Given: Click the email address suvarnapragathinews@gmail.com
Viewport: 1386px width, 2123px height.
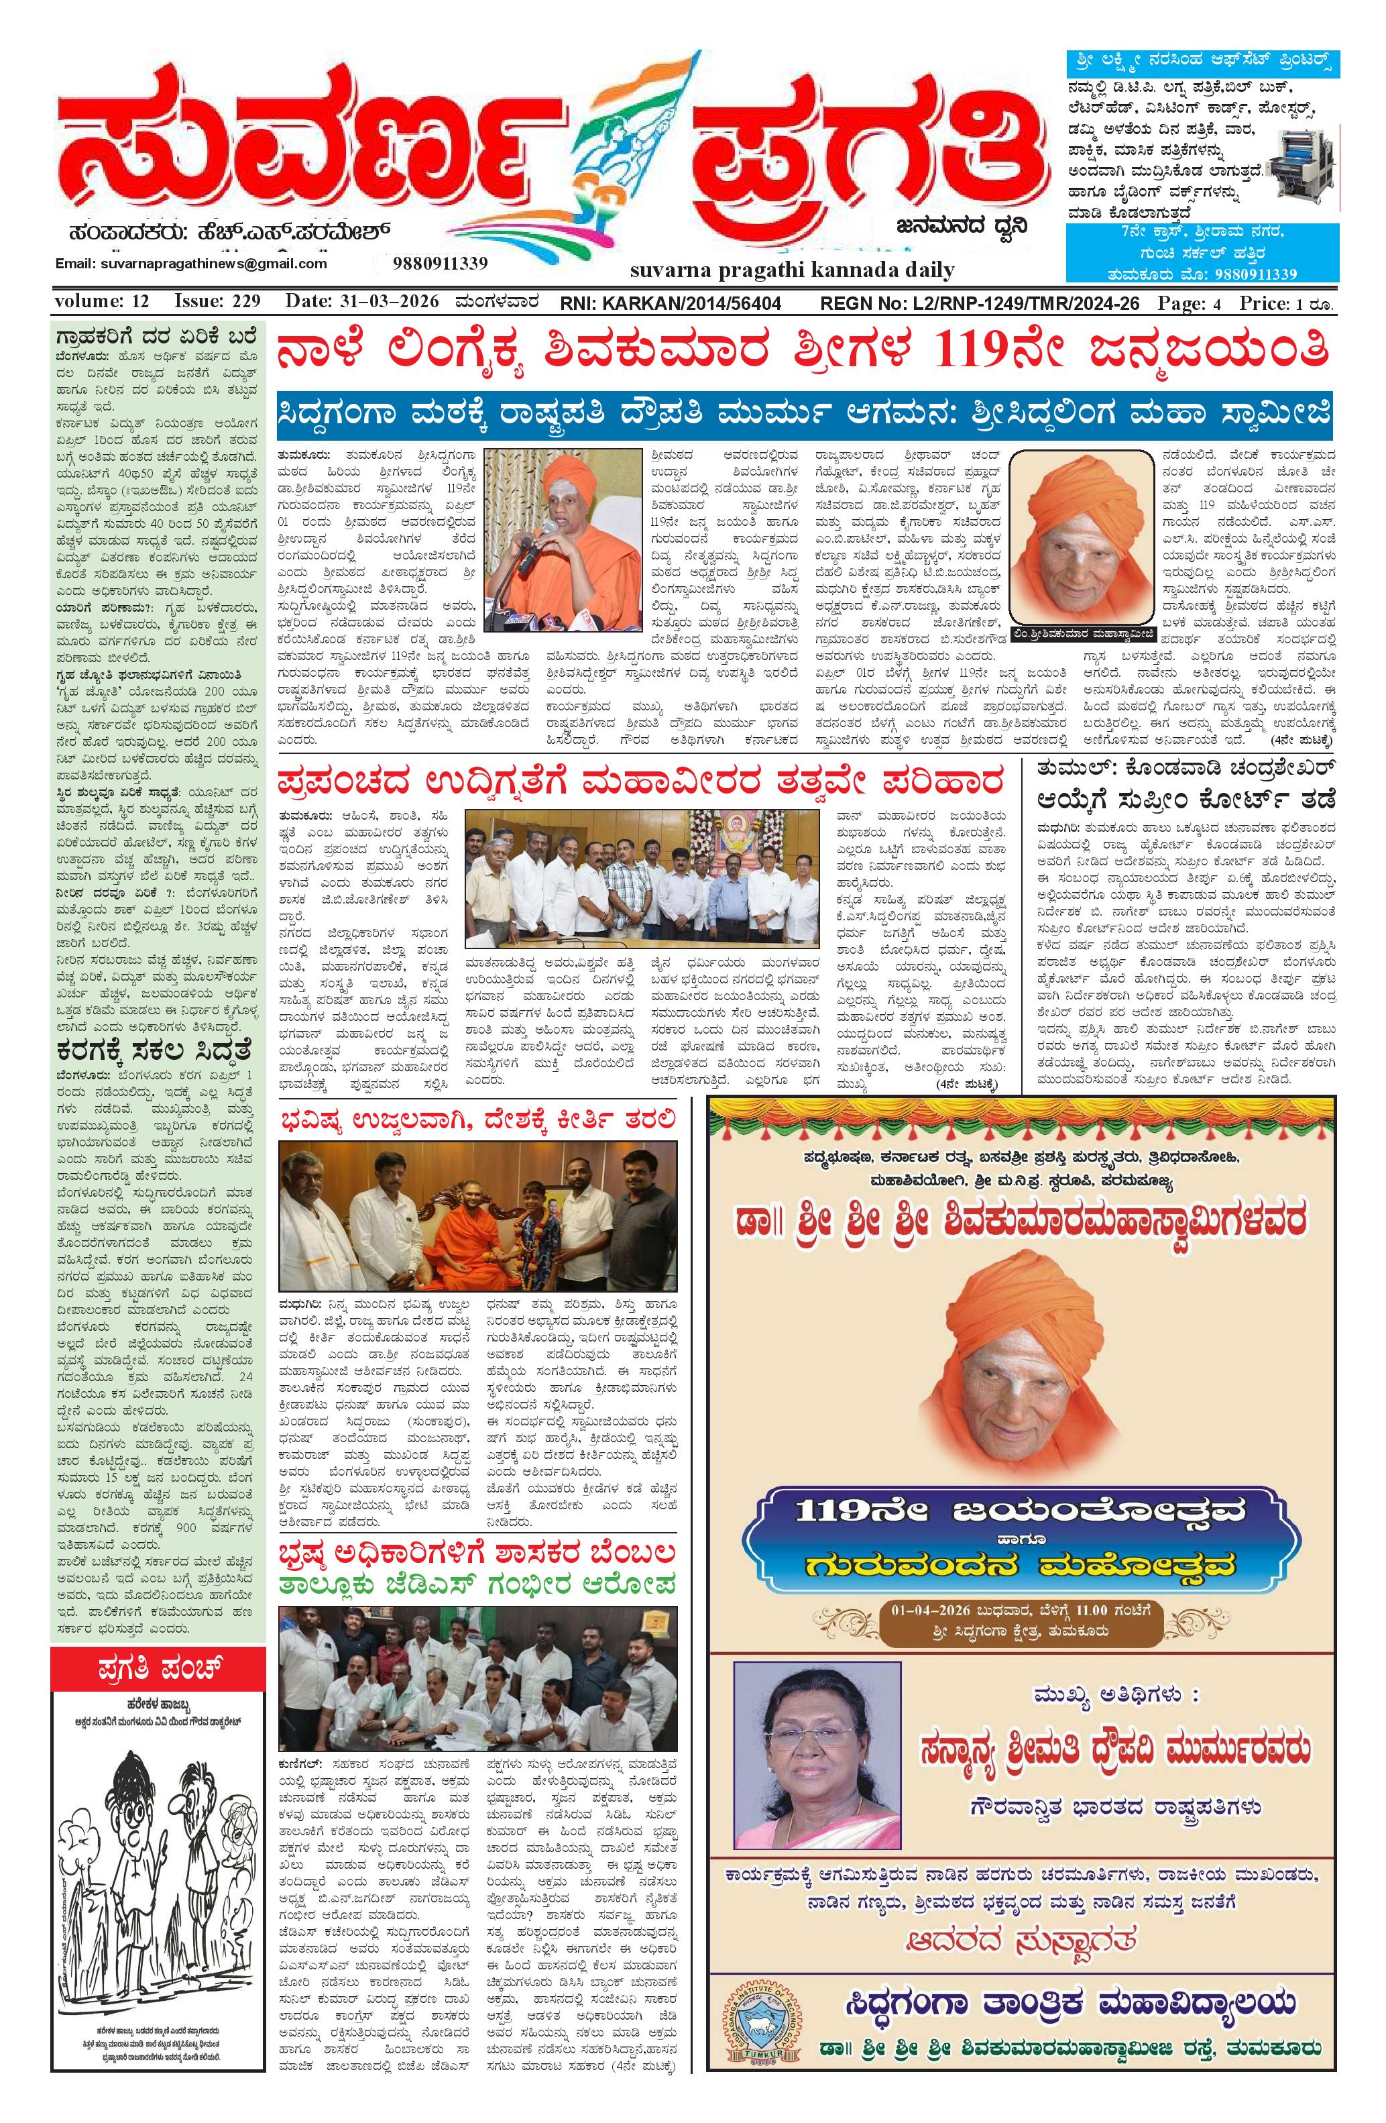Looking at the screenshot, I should [x=191, y=264].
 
